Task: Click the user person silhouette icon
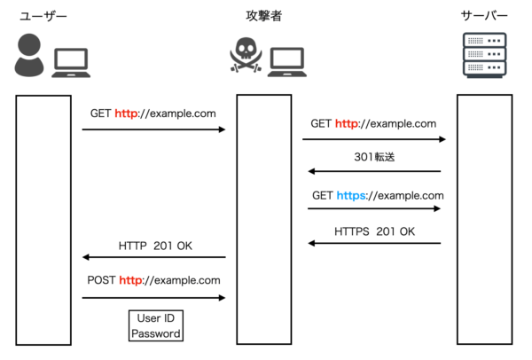click(29, 55)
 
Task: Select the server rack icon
click(484, 55)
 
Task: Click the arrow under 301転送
click(374, 171)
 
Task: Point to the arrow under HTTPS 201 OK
click(374, 243)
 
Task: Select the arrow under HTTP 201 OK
click(154, 257)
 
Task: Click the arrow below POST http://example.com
click(154, 298)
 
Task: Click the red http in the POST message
click(131, 280)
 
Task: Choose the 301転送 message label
click(374, 157)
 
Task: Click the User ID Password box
click(155, 326)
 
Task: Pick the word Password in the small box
click(155, 334)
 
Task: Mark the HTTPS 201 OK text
click(374, 231)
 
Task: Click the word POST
click(101, 280)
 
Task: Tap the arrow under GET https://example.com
click(374, 208)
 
